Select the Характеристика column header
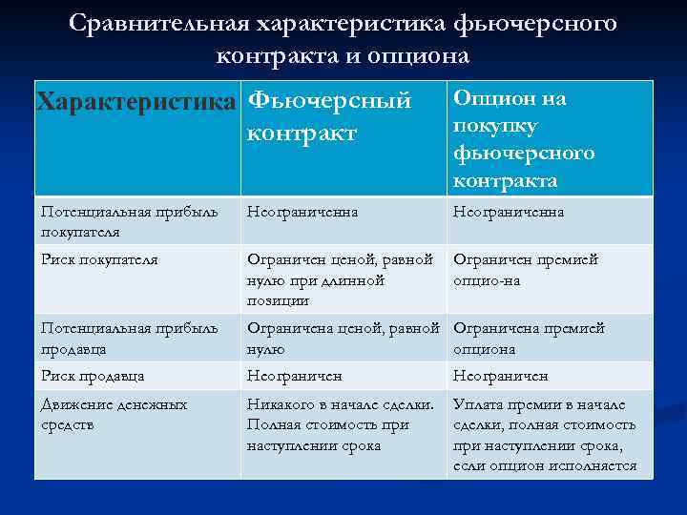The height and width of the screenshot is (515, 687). [x=135, y=101]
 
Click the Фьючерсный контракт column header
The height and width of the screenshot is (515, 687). [x=328, y=116]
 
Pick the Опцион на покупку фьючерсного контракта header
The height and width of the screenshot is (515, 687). [x=524, y=139]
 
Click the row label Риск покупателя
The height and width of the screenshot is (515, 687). [x=99, y=259]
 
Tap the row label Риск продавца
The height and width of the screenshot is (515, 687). [x=93, y=377]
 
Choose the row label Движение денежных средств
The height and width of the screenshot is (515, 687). [x=114, y=414]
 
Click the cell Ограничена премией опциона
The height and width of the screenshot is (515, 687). [x=529, y=338]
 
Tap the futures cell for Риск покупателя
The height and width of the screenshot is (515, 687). [x=340, y=279]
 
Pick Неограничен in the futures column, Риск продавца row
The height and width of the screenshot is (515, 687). [x=295, y=377]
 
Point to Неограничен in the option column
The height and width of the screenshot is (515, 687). [x=501, y=377]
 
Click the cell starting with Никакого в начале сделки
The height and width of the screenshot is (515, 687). [x=340, y=424]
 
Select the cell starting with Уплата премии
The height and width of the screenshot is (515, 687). [x=545, y=435]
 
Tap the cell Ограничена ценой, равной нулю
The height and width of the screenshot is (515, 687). [x=343, y=338]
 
